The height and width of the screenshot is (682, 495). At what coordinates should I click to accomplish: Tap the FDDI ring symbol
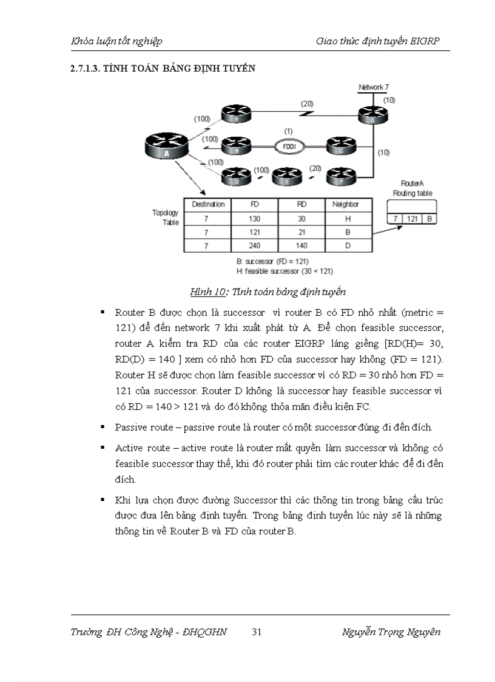(x=289, y=146)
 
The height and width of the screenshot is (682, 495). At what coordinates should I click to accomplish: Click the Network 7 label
(x=374, y=87)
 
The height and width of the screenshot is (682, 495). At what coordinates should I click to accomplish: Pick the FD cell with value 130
(x=254, y=219)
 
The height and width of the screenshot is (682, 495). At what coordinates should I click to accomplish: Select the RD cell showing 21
(x=301, y=233)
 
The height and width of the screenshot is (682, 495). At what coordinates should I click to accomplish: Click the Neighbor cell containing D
(x=349, y=246)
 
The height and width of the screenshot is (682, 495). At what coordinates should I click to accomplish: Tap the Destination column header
(x=208, y=205)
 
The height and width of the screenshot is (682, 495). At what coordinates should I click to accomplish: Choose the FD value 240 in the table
(x=254, y=246)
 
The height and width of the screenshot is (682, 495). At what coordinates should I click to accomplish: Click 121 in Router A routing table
(x=412, y=218)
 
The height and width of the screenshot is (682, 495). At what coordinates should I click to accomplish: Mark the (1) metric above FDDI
(x=289, y=132)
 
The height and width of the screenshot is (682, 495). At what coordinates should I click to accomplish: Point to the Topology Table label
(x=166, y=217)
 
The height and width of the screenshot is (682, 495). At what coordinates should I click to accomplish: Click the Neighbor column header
(x=349, y=205)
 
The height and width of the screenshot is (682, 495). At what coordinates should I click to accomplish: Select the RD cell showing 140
(x=301, y=246)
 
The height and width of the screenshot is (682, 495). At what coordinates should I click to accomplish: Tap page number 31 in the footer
(x=257, y=632)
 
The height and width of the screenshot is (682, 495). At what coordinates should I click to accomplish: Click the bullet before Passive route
(x=103, y=428)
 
